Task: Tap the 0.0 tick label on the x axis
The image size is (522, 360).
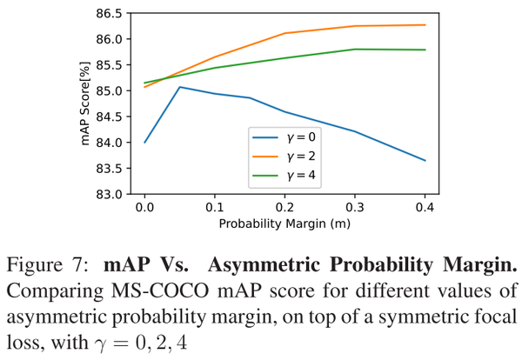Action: tap(144, 210)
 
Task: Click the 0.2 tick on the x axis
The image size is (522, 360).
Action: tap(284, 210)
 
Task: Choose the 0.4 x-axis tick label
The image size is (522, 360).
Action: tap(425, 210)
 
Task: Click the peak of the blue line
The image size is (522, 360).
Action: tap(179, 87)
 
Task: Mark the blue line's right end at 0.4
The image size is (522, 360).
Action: tap(425, 160)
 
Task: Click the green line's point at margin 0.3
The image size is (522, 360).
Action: tap(354, 50)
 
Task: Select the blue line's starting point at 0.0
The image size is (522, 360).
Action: tap(144, 142)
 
